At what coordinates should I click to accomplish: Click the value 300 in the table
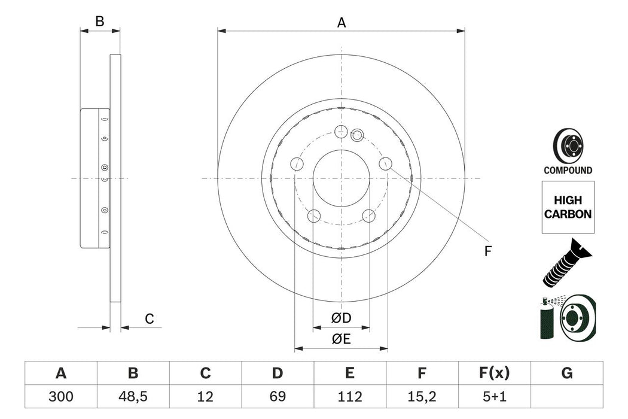[60, 396]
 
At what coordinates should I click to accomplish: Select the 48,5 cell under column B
[133, 396]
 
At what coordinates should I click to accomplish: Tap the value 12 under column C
[205, 396]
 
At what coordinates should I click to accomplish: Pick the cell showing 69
[278, 396]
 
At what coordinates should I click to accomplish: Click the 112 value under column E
[350, 396]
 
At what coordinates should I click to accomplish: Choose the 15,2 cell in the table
[422, 396]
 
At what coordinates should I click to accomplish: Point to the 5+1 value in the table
[495, 396]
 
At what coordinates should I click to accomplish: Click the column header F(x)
[495, 374]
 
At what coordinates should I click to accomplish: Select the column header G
[567, 374]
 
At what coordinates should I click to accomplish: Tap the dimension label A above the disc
[342, 23]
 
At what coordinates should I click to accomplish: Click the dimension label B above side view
[100, 22]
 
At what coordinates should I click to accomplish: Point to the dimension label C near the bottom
[150, 320]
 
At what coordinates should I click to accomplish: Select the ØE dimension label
[341, 339]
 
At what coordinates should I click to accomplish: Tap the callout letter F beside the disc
[487, 251]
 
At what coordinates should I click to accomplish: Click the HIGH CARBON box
[567, 207]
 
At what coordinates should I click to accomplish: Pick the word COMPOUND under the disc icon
[568, 171]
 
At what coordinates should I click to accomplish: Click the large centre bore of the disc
[341, 178]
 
